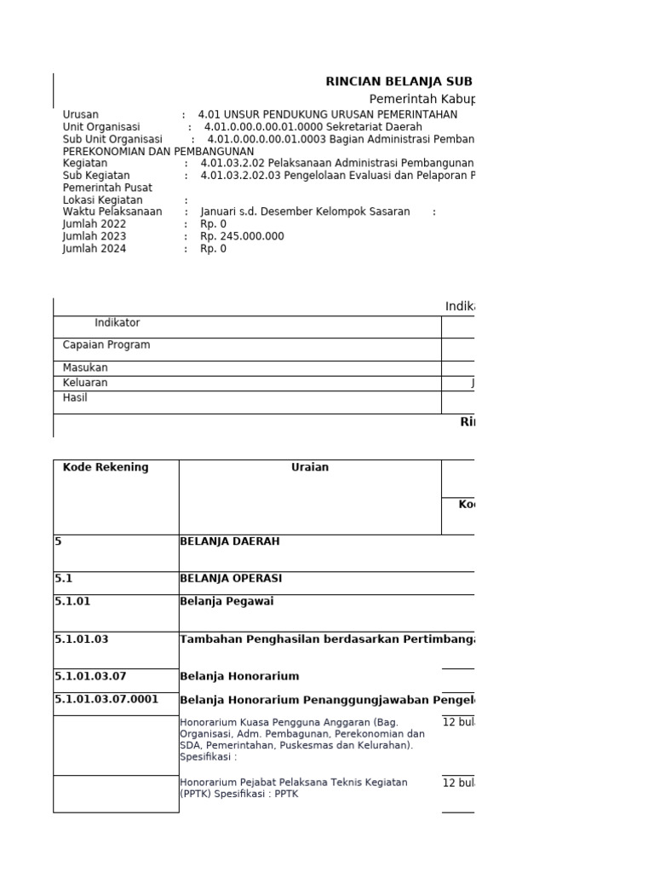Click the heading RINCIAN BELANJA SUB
point(399,82)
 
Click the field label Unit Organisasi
point(101,126)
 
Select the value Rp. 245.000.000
point(243,236)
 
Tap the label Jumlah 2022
point(95,224)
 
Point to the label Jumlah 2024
point(95,249)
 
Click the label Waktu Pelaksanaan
point(112,211)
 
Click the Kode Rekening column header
point(106,467)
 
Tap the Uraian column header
point(310,467)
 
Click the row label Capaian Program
point(106,345)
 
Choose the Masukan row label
point(85,367)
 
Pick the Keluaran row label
point(85,383)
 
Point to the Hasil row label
point(75,397)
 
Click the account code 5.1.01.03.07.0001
point(106,700)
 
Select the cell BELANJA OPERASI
point(231,578)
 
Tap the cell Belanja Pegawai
point(227,601)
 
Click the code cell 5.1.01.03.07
point(90,676)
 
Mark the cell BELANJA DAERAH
point(229,541)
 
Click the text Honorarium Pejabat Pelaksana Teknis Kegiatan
point(293,782)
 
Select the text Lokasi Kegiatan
point(102,199)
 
